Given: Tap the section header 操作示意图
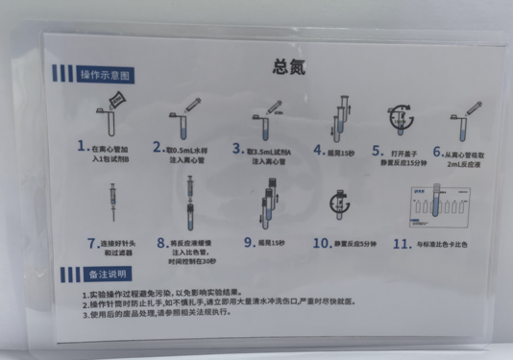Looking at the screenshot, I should [x=103, y=75].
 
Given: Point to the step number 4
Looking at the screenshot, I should [x=320, y=150].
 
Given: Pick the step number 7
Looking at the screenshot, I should [x=92, y=244].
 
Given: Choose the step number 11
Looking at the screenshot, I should [x=400, y=243].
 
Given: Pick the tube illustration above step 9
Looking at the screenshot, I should [x=271, y=202].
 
